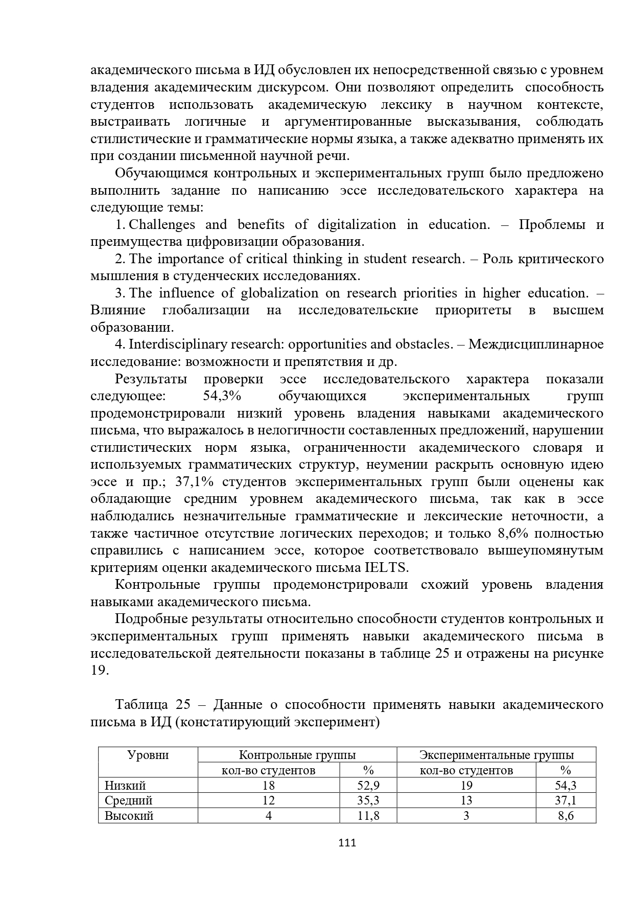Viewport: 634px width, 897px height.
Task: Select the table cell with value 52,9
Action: [x=368, y=785]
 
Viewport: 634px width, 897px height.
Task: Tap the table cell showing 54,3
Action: [x=566, y=785]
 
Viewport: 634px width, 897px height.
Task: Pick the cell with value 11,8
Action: [x=368, y=815]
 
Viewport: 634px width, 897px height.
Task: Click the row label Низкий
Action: [x=125, y=785]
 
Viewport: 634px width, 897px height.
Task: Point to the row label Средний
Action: [x=128, y=800]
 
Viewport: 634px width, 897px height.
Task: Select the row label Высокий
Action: [x=129, y=815]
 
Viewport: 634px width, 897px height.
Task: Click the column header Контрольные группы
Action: [x=297, y=755]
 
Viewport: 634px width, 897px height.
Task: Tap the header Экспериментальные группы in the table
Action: [x=496, y=755]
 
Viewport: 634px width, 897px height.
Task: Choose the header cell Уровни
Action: [x=148, y=755]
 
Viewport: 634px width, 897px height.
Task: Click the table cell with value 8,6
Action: [x=566, y=815]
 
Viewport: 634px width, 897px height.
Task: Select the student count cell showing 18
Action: [x=268, y=785]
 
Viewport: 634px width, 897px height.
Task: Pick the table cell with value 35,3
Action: [x=368, y=800]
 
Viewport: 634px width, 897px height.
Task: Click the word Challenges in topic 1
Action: [x=162, y=225]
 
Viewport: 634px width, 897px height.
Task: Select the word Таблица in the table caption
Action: [x=141, y=705]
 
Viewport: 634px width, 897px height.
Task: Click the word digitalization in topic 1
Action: [x=357, y=225]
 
